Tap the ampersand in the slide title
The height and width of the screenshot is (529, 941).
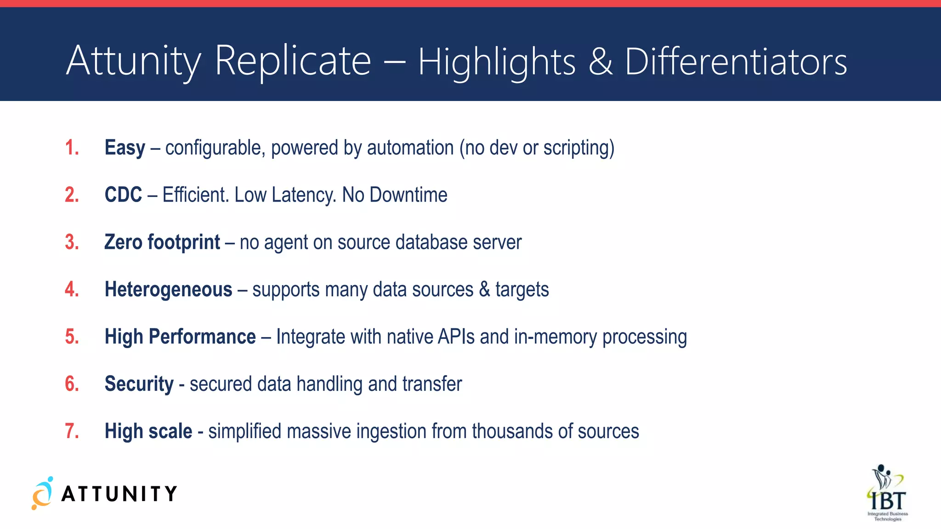(x=600, y=62)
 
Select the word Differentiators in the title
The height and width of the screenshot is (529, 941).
(x=736, y=62)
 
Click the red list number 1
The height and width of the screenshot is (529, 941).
(x=72, y=148)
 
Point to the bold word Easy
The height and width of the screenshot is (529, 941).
(x=125, y=148)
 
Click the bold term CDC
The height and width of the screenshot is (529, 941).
(x=123, y=195)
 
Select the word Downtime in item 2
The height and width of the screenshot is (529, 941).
(x=408, y=195)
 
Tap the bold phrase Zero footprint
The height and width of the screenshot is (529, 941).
(x=162, y=242)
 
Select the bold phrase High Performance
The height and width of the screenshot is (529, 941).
(x=180, y=337)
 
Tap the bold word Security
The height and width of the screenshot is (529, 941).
(x=139, y=384)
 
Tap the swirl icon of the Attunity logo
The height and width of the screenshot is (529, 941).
(x=42, y=494)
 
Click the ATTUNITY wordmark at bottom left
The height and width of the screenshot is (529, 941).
(x=119, y=494)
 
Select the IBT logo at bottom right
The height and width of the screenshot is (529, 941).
(x=887, y=493)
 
